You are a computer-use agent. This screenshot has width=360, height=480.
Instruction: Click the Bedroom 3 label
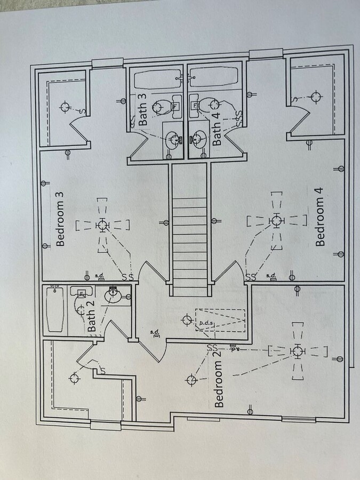click(x=60, y=219)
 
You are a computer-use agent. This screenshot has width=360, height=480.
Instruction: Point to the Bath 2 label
click(x=92, y=319)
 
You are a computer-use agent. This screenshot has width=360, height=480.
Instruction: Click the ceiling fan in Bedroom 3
click(x=102, y=226)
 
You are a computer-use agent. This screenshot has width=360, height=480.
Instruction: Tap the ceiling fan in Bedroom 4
click(x=276, y=220)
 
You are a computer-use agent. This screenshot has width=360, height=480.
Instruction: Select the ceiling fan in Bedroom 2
click(x=297, y=351)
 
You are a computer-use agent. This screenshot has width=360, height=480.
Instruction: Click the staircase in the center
click(x=189, y=229)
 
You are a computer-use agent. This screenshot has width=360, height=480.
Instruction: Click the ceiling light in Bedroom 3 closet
click(x=65, y=107)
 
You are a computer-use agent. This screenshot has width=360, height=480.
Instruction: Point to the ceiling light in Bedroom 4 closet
click(x=315, y=97)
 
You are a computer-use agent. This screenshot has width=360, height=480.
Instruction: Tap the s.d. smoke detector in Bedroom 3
click(x=100, y=276)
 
